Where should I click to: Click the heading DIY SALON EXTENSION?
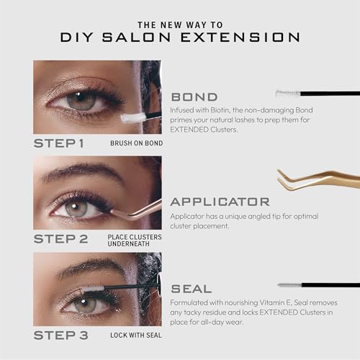click(180, 37)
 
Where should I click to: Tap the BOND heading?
click(194, 97)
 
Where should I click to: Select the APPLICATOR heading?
click(220, 202)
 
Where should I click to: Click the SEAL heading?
click(192, 289)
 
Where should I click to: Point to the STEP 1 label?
click(59, 143)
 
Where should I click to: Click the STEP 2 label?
click(60, 239)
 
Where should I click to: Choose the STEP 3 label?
click(60, 335)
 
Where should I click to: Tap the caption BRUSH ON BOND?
click(137, 143)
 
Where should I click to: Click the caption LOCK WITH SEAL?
click(136, 336)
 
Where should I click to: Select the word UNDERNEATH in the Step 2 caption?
click(128, 244)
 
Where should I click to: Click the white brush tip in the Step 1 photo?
click(132, 118)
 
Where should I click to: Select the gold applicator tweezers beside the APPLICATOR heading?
click(319, 180)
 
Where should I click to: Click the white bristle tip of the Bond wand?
click(288, 94)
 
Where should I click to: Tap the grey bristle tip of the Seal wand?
click(290, 285)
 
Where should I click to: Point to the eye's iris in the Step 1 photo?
click(81, 101)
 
